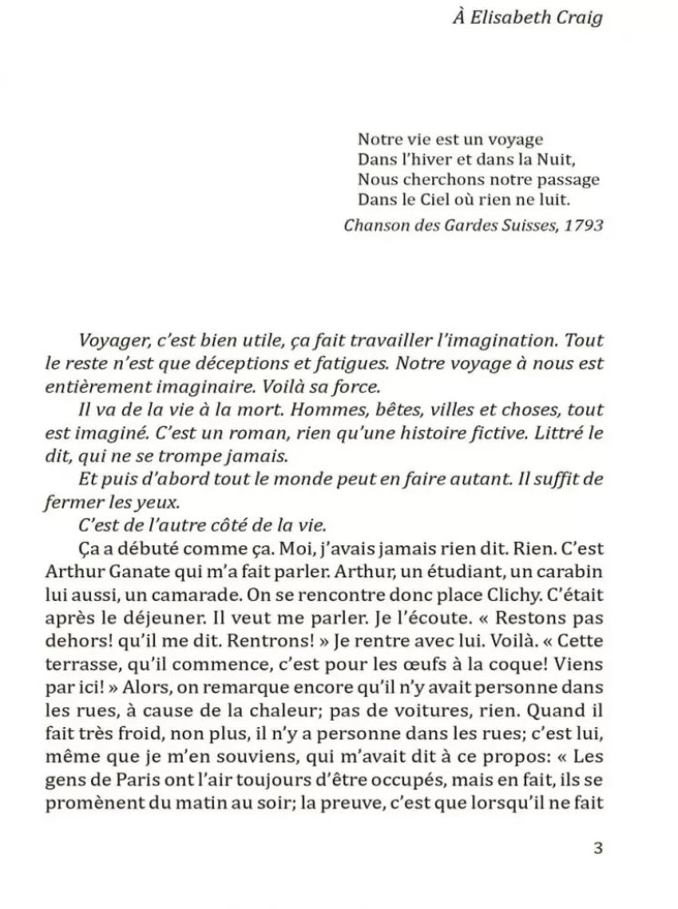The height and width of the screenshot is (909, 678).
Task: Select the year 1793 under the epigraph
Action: (x=582, y=225)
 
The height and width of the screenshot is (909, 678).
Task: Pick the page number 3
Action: (x=598, y=849)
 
